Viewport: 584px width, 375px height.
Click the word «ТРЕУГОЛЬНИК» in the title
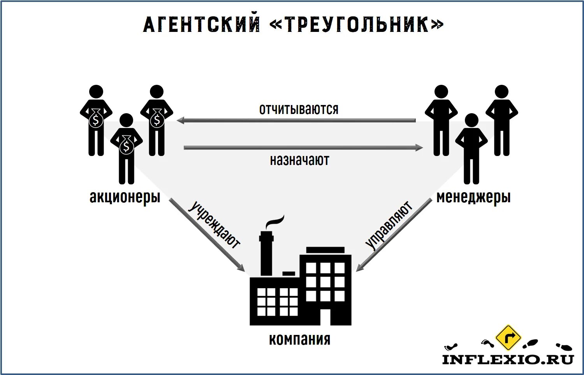[x=356, y=25]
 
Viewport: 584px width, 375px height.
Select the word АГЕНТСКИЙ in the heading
[x=202, y=25]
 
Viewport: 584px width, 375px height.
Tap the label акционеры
[x=125, y=197]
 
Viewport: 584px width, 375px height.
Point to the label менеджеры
[x=473, y=197]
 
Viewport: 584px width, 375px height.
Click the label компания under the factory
[x=299, y=339]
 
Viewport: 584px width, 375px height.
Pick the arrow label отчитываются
[x=299, y=109]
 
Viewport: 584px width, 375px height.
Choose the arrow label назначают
[x=299, y=160]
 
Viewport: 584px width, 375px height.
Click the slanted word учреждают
[x=215, y=225]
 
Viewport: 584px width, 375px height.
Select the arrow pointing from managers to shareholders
[x=296, y=121]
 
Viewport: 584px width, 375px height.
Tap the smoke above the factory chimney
[x=275, y=222]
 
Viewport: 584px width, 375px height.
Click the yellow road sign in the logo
[x=508, y=337]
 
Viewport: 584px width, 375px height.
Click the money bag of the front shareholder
[x=126, y=146]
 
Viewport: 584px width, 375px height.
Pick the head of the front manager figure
[x=471, y=120]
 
